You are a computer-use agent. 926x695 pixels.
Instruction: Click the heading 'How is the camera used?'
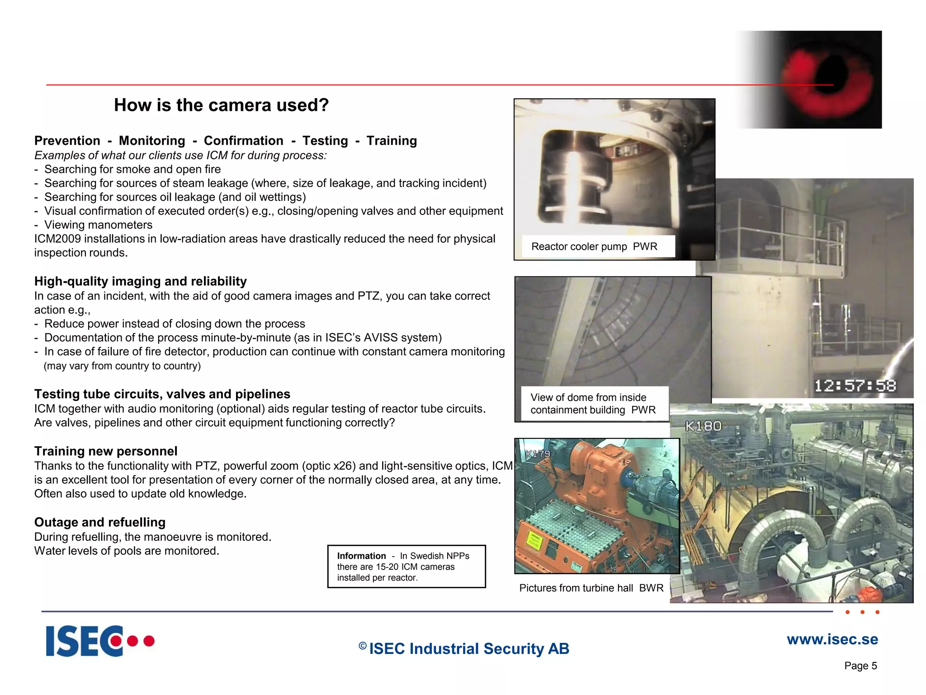(221, 105)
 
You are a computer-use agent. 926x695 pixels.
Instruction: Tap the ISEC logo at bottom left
(100, 641)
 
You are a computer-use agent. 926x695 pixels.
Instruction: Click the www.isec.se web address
(832, 639)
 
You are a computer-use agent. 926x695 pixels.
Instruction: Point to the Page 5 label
(860, 666)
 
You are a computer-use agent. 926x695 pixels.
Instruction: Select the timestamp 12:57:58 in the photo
(855, 386)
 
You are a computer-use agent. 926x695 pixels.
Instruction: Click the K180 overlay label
(703, 426)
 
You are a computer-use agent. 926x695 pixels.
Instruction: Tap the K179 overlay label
(538, 453)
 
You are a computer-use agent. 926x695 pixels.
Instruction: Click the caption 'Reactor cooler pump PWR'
(594, 247)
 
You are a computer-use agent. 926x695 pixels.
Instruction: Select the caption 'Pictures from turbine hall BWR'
(591, 588)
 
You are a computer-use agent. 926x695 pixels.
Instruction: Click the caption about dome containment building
(592, 404)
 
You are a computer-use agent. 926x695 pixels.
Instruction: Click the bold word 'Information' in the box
(361, 556)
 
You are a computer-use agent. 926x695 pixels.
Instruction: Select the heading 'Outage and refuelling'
(100, 522)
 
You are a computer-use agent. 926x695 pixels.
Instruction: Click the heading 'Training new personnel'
(106, 451)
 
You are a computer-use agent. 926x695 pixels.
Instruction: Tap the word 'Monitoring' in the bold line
(152, 141)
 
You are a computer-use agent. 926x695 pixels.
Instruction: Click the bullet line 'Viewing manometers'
(98, 225)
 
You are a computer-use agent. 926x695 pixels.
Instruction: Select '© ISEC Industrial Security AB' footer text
(464, 648)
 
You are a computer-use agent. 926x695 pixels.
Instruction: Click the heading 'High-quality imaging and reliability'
(141, 281)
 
